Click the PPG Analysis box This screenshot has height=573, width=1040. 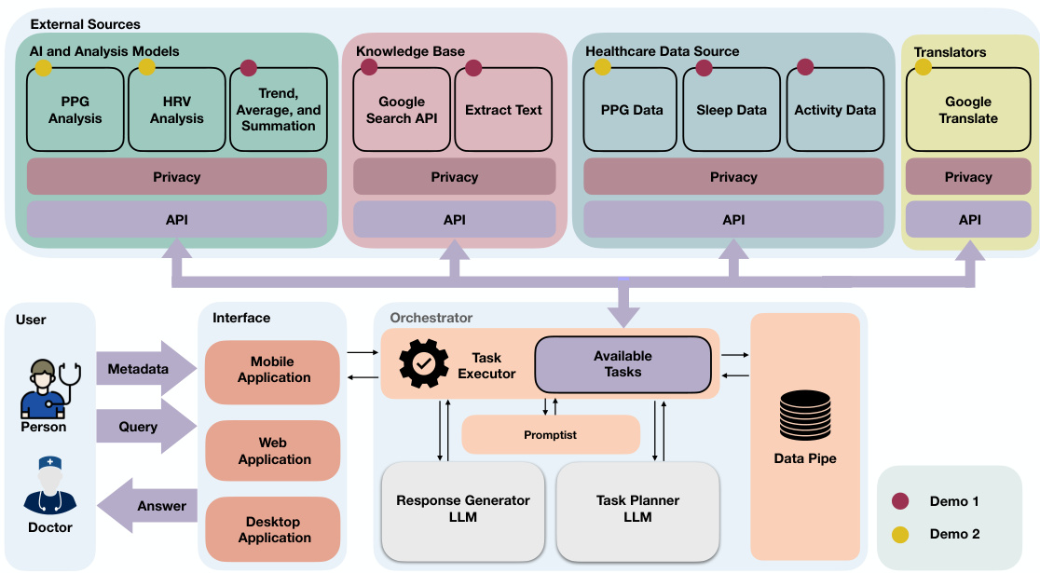tap(75, 111)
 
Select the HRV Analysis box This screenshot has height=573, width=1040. tap(177, 111)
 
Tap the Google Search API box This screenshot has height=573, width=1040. tap(402, 111)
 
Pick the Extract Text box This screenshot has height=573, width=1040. tap(503, 111)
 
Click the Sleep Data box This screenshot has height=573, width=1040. tap(732, 111)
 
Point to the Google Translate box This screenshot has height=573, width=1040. tap(968, 111)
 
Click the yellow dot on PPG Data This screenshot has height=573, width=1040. tap(603, 67)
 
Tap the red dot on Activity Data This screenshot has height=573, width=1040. tap(805, 67)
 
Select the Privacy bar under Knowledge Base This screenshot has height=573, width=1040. tap(455, 177)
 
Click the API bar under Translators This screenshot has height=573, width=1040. tap(968, 220)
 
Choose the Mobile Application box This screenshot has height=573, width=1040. tap(272, 371)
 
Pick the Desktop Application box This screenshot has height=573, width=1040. tap(272, 529)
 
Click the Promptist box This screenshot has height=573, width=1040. tap(551, 434)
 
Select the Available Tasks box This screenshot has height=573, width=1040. tap(623, 364)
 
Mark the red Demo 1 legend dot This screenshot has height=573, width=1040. tap(900, 501)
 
